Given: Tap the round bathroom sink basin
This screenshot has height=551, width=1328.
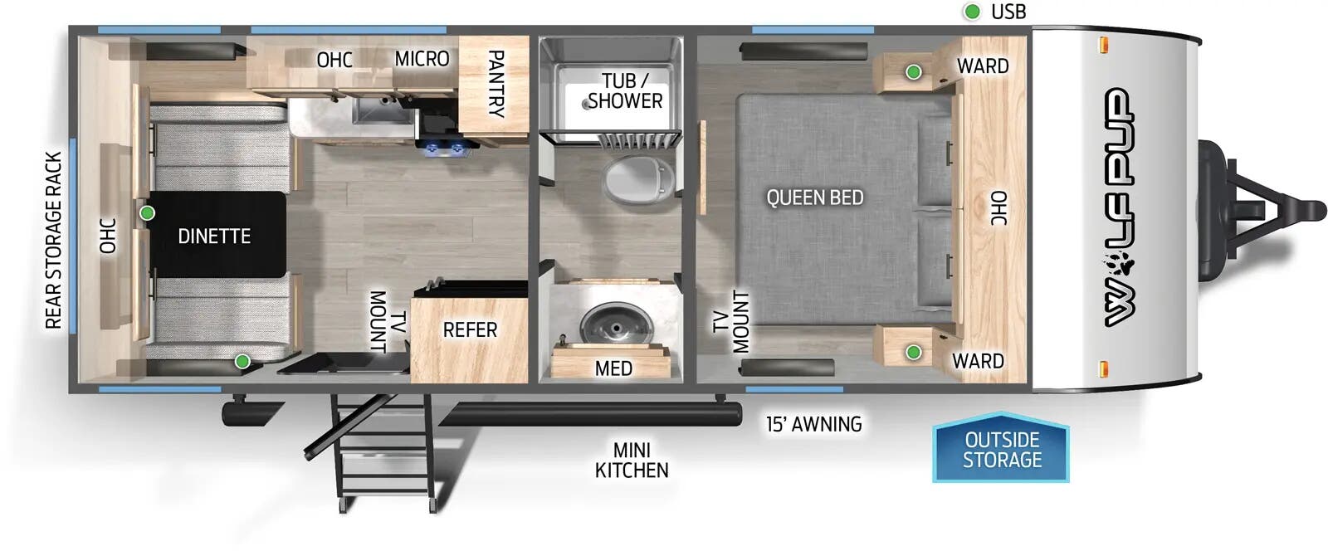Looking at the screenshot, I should [615, 324].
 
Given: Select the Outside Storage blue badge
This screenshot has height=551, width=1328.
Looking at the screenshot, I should [1001, 449].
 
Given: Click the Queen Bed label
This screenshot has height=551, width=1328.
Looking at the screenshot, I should [814, 197].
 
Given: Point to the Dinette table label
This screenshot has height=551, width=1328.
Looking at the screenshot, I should [214, 236].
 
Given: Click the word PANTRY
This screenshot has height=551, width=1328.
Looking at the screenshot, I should [495, 83].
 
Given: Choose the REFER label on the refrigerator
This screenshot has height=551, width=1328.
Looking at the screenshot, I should [470, 330].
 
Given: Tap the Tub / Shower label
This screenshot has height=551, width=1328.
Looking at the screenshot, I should [625, 91].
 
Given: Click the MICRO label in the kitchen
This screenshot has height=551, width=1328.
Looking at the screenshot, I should [422, 59].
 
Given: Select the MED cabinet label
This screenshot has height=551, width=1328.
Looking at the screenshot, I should [613, 368].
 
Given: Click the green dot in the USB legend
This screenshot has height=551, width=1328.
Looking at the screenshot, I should [971, 12].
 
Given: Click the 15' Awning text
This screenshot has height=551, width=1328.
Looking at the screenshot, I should [813, 424].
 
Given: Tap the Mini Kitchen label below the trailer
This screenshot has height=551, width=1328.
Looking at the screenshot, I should [632, 460].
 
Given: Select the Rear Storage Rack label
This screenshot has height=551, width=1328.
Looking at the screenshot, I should [53, 240].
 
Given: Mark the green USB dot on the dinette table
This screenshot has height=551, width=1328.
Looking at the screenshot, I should [147, 213].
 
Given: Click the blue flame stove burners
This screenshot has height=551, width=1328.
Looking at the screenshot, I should [446, 149].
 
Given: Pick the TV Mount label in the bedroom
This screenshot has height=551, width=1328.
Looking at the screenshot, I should [731, 321].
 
